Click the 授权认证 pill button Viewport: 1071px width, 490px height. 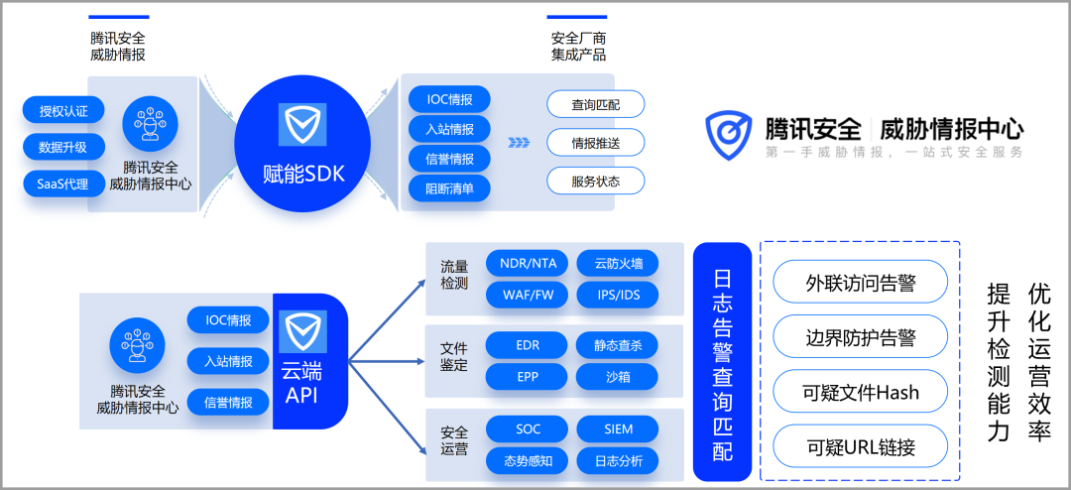(63, 110)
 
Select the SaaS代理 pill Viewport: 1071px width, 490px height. (63, 184)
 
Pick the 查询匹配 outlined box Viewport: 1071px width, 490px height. (595, 104)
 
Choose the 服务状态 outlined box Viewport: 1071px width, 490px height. (595, 182)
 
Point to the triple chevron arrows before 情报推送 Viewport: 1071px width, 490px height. (519, 142)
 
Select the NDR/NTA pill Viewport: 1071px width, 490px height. (528, 264)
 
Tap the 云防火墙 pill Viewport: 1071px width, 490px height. (619, 264)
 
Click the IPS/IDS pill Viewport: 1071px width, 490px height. (619, 295)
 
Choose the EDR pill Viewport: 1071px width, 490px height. (528, 345)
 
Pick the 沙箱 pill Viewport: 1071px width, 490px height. (619, 376)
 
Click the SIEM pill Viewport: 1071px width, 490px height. (619, 429)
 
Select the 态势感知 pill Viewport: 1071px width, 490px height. (528, 460)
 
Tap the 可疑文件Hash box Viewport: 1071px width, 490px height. (860, 393)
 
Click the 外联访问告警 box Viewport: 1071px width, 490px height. (860, 284)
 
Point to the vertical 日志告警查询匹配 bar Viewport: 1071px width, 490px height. (722, 361)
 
